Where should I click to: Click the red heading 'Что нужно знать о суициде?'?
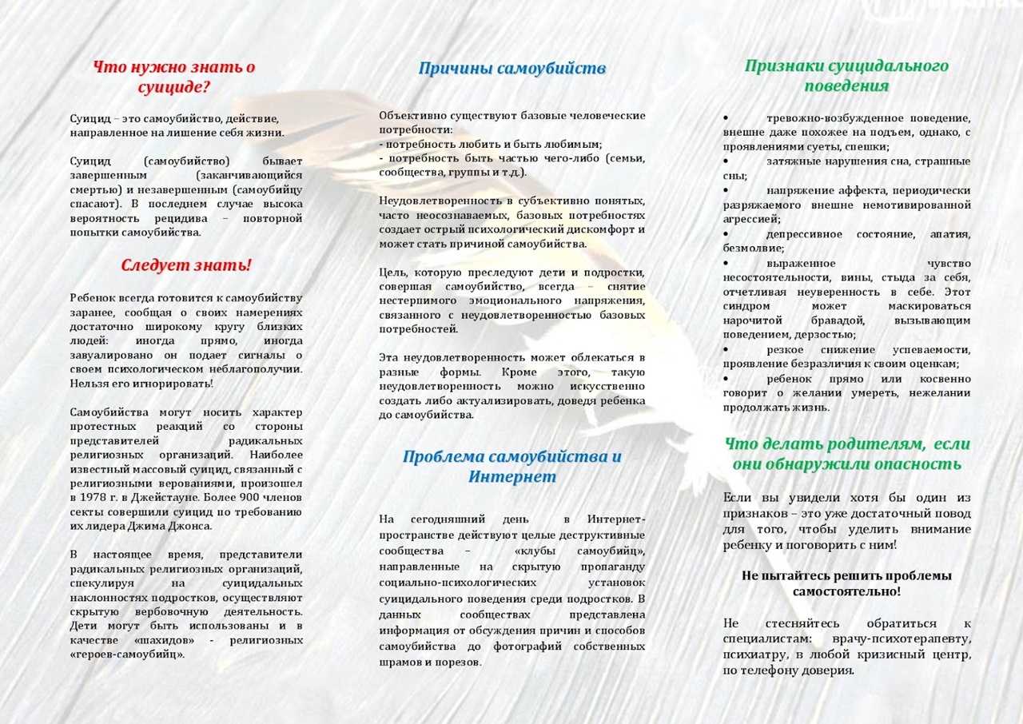pyautogui.click(x=173, y=77)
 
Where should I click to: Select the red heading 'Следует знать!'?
pyautogui.click(x=186, y=265)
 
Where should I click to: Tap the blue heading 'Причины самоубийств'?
pyautogui.click(x=511, y=69)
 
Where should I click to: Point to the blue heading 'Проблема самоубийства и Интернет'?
pyautogui.click(x=511, y=467)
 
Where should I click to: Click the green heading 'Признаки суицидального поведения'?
pyautogui.click(x=846, y=76)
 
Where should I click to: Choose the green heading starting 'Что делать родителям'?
pyautogui.click(x=846, y=453)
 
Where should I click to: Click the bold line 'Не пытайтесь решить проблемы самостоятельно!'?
pyautogui.click(x=846, y=583)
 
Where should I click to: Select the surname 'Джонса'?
pyautogui.click(x=191, y=527)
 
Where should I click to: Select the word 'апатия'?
pyautogui.click(x=949, y=234)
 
